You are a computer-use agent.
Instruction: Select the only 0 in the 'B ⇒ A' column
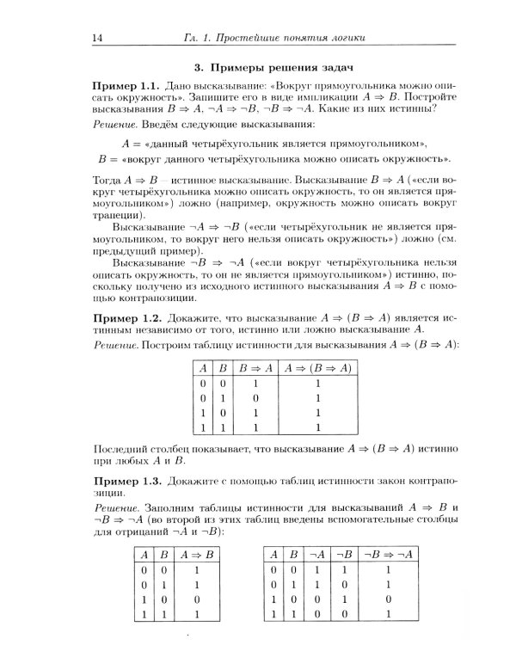[x=245, y=398]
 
